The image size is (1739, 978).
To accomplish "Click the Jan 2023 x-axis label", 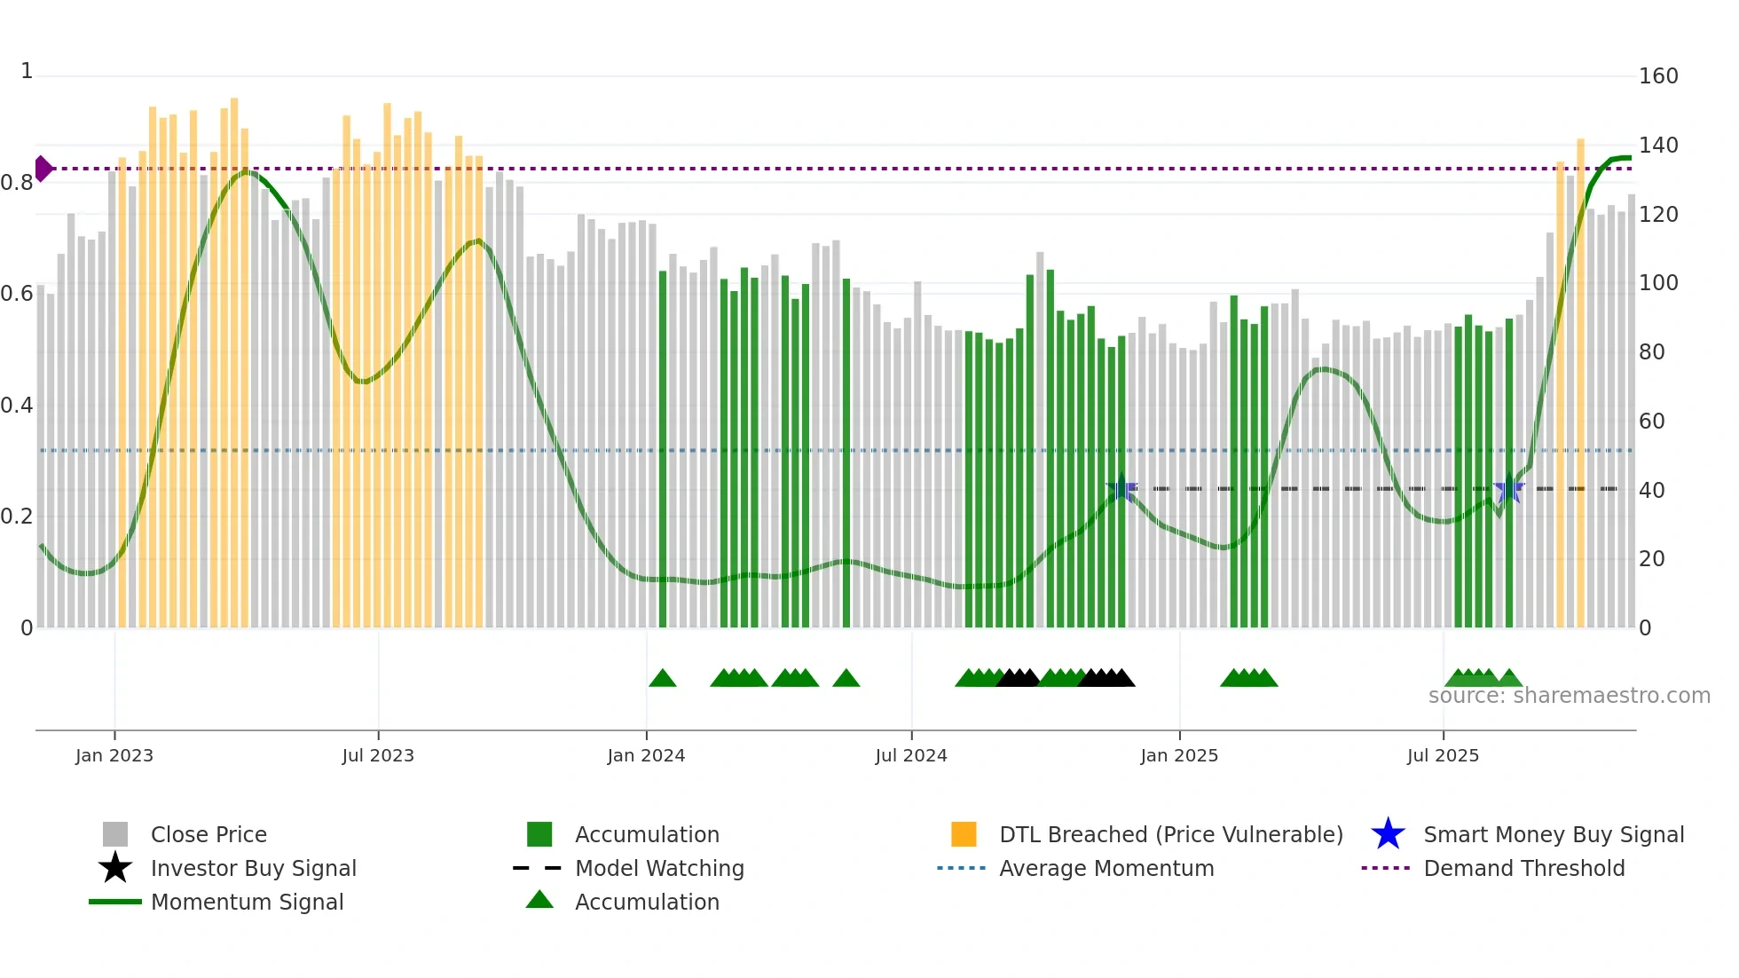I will tap(114, 755).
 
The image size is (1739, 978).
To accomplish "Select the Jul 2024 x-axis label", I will tap(911, 755).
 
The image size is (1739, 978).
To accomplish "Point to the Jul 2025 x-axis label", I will tap(1443, 755).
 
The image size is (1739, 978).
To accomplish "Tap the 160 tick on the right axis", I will tap(1657, 76).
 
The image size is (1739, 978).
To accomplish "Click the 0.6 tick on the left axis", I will tap(17, 294).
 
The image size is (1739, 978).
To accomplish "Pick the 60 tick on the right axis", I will tap(1651, 422).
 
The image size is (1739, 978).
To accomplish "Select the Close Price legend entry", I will tap(209, 834).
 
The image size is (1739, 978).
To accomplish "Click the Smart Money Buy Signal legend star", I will tap(1388, 834).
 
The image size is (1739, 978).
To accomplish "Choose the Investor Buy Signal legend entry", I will tap(253, 868).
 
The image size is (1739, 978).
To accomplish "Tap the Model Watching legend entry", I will tap(659, 868).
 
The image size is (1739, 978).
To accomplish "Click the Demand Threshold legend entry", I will tap(1523, 868).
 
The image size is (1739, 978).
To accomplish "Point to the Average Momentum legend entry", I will tap(1106, 868).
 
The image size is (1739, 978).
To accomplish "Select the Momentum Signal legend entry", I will tap(247, 902).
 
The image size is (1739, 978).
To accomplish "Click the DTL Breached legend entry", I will tap(1170, 834).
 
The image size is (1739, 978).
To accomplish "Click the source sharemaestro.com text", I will tap(1569, 696).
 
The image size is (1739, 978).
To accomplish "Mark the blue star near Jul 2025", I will tap(1508, 488).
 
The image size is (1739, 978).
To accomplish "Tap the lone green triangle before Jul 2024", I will tap(846, 679).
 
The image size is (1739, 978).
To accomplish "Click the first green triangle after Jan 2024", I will tap(663, 679).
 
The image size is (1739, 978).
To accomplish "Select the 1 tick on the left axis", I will tap(27, 71).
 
